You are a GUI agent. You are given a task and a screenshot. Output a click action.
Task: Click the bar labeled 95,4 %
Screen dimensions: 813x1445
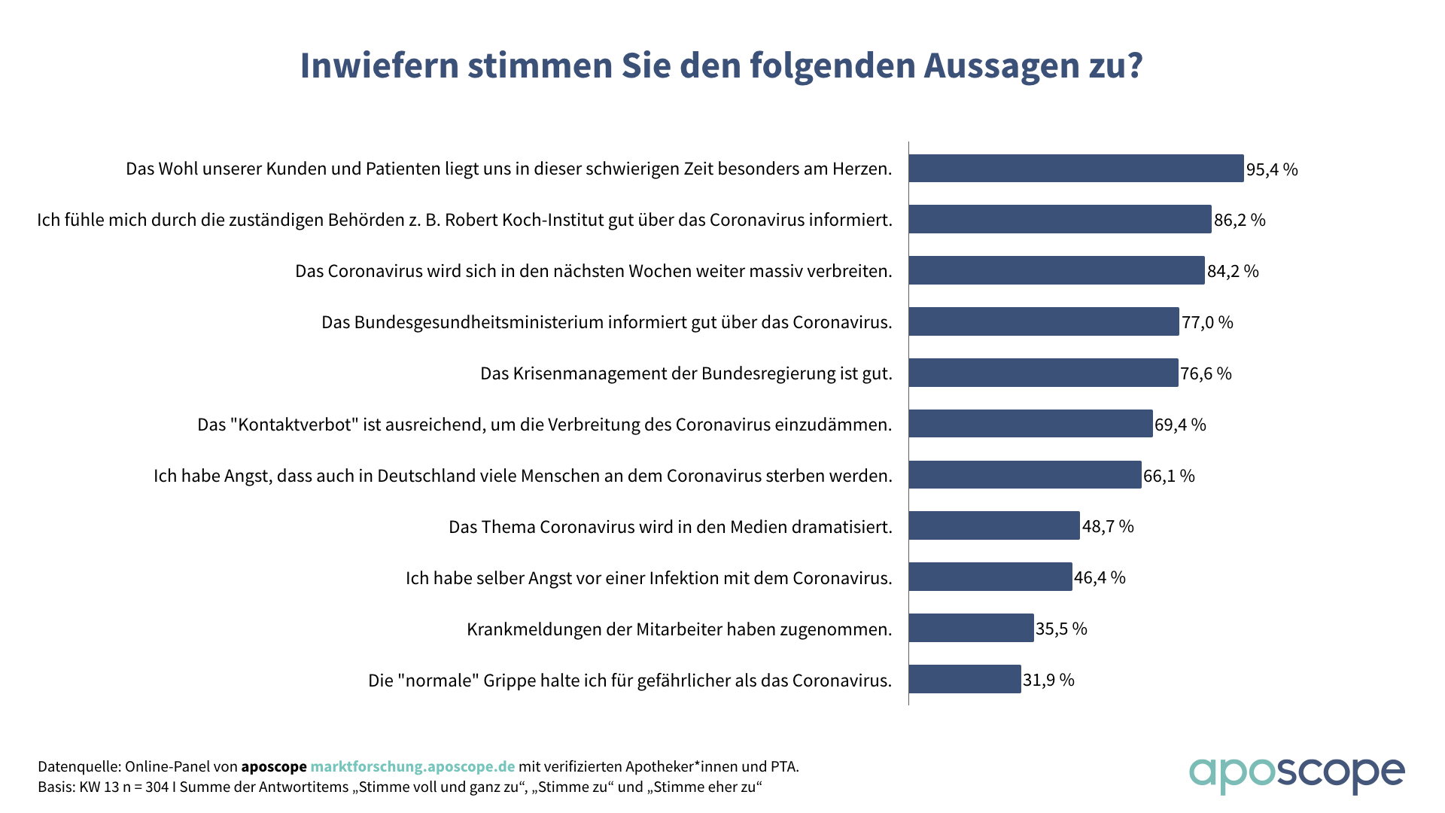[x=1076, y=169]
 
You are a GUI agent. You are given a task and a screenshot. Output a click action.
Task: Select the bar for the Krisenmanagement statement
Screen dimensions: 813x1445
[x=1043, y=373]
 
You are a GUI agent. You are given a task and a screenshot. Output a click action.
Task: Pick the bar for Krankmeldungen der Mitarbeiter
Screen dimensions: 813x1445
[x=971, y=629]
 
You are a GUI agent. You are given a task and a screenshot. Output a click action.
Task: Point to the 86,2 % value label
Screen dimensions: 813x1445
[x=1240, y=221]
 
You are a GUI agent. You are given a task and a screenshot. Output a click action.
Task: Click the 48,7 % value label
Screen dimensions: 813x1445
[x=1108, y=527]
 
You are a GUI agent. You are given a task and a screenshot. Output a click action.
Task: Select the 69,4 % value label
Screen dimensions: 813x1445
[x=1180, y=425]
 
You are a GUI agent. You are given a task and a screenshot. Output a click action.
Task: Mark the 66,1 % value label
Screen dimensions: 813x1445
[x=1169, y=477]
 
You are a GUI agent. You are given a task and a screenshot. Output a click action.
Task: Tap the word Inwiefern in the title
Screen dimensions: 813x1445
[x=379, y=66]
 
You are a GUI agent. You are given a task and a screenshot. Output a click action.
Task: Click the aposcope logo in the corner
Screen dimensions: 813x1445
[x=1297, y=774]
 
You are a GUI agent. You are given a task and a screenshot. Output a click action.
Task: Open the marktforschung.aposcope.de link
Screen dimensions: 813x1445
[x=412, y=767]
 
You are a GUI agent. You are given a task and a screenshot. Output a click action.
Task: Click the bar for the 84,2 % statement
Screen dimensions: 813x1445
[x=1057, y=271]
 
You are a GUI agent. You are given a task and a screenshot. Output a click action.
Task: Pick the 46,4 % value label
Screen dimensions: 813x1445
[x=1100, y=578]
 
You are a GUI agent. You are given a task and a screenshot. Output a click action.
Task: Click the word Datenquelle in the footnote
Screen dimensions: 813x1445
[x=78, y=767]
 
